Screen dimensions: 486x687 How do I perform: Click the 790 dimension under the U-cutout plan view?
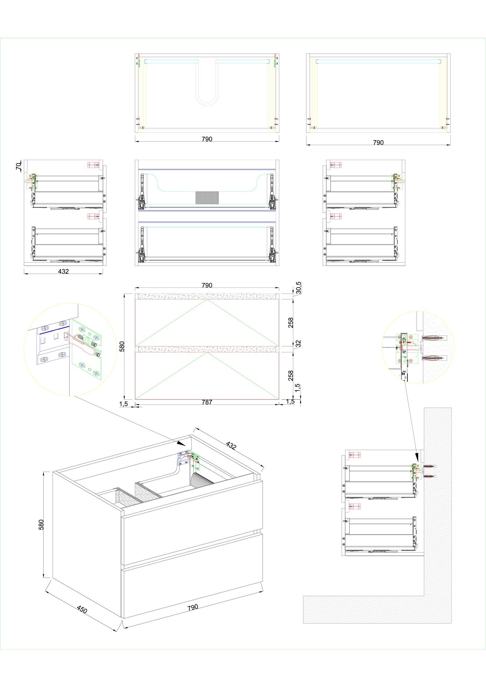[x=207, y=139]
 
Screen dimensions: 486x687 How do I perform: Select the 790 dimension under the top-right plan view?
[x=378, y=143]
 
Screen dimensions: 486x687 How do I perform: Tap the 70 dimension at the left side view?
[x=19, y=167]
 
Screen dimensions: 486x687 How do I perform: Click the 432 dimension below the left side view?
[x=63, y=271]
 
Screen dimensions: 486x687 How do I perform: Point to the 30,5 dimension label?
[x=298, y=288]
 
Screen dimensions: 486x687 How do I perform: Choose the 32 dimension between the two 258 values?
[x=298, y=343]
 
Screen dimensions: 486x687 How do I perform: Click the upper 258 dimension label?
[x=291, y=323]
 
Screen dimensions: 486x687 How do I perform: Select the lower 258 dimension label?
[x=291, y=375]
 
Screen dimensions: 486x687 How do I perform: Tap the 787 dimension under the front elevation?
[x=207, y=402]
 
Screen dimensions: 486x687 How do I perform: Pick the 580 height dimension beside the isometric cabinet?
[x=41, y=525]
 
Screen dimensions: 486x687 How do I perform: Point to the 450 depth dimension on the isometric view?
[x=82, y=610]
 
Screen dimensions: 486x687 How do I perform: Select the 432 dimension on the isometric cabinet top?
[x=231, y=445]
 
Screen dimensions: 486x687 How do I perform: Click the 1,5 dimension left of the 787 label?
[x=124, y=404]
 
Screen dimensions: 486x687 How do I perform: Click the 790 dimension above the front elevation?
[x=207, y=285]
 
